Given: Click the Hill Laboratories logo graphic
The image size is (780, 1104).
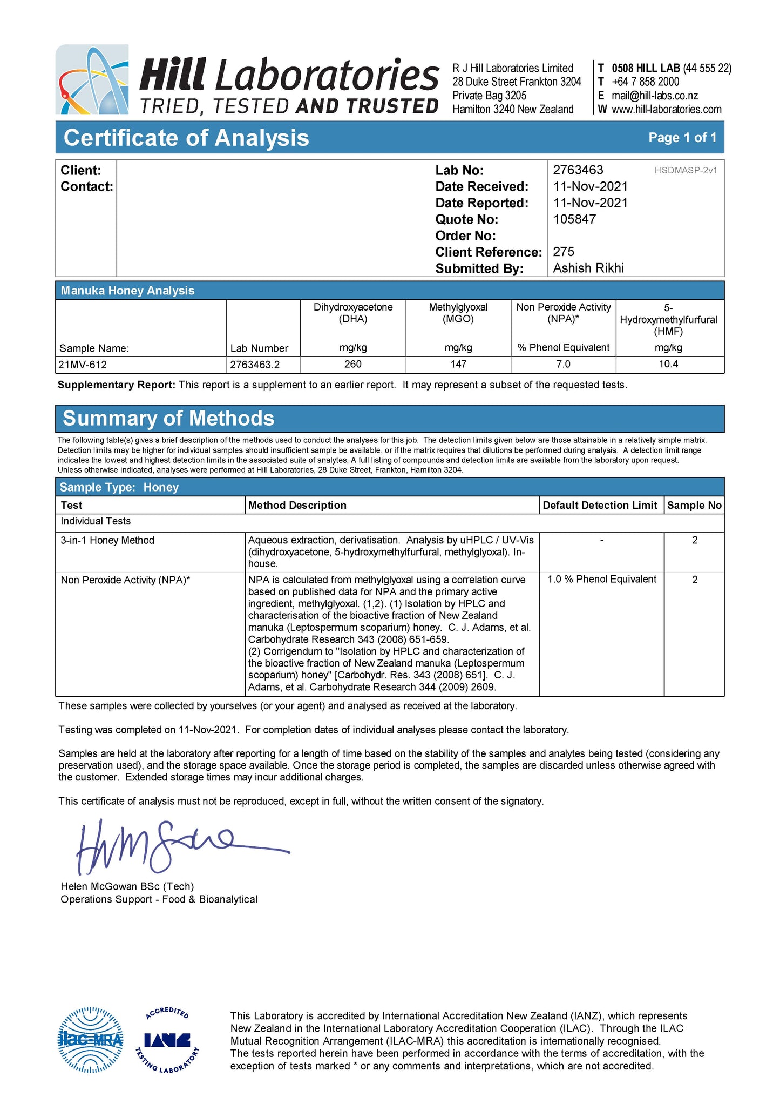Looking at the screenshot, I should (92, 79).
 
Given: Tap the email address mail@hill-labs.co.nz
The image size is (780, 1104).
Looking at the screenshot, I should (654, 96).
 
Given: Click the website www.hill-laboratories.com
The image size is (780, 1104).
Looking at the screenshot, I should (666, 110).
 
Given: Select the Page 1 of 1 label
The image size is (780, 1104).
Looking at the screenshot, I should (682, 138).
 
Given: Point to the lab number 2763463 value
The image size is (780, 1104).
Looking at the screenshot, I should (578, 170).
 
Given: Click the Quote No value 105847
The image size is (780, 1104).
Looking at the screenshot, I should (574, 219).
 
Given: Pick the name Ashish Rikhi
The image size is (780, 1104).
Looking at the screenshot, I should (588, 268).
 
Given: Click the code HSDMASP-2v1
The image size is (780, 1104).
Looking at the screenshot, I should (686, 171).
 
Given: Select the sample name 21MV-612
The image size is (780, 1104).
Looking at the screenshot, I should (83, 365).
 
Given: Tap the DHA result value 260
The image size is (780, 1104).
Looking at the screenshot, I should (352, 365).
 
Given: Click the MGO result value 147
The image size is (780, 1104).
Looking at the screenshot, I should (458, 365).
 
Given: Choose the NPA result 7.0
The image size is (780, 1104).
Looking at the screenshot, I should (563, 365).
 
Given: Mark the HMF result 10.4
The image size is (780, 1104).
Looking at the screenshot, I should (668, 365).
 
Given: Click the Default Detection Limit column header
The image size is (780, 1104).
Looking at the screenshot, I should (600, 506).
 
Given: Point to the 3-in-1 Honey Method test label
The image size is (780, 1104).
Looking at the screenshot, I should (107, 541).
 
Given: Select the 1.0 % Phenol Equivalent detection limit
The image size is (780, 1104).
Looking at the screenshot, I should (602, 580).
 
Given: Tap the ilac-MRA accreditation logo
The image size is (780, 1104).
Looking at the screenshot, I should (90, 1040).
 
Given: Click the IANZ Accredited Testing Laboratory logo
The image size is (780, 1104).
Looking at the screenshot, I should (167, 1040).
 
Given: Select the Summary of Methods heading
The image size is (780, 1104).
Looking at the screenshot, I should (168, 419).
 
